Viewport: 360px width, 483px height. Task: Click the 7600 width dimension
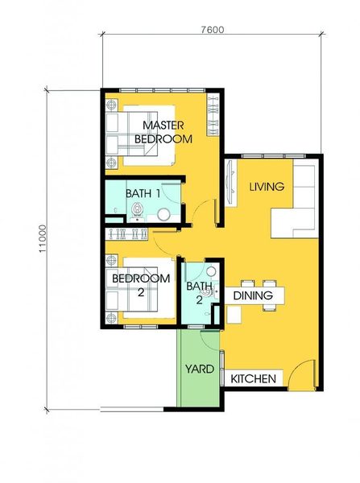click(x=213, y=30)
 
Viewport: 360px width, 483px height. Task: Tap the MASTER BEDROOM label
click(x=163, y=132)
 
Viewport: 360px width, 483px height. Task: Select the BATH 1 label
click(x=143, y=193)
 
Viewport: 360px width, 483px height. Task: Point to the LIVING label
click(x=267, y=187)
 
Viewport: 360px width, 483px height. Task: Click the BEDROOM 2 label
click(x=141, y=285)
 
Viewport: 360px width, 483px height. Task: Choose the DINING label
click(x=253, y=295)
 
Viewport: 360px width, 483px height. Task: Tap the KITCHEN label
click(x=253, y=378)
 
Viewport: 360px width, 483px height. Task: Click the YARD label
click(x=200, y=369)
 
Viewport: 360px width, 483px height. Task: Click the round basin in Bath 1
click(x=163, y=215)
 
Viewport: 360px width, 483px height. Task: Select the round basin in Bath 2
click(x=211, y=271)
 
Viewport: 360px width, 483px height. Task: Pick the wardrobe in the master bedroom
click(x=213, y=114)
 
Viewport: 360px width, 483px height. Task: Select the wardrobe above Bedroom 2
click(x=126, y=233)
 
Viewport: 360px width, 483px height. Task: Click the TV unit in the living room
click(x=230, y=183)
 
